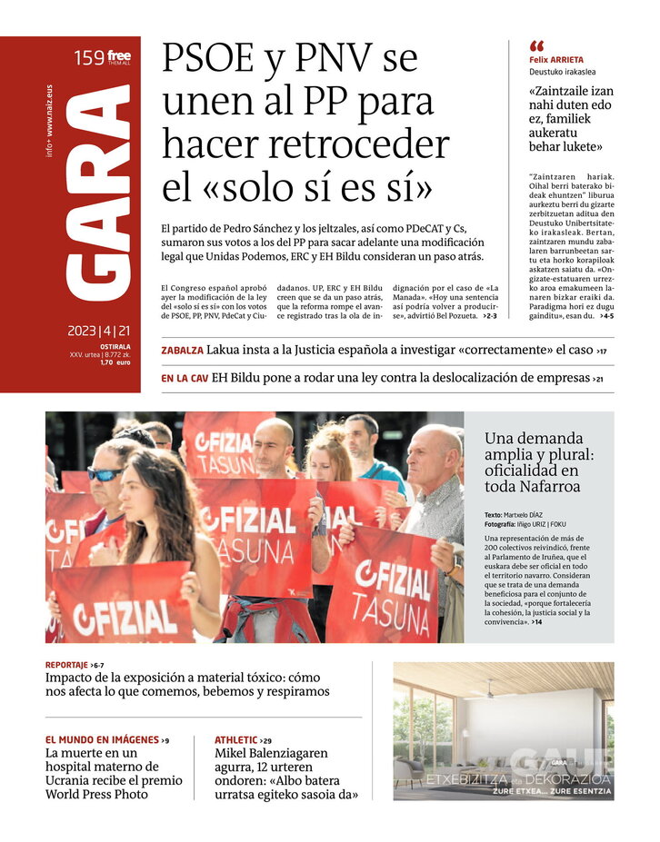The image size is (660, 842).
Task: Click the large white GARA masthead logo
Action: [100, 196]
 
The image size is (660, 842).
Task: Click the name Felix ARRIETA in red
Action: [556, 60]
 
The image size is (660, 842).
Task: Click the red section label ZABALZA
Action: [182, 351]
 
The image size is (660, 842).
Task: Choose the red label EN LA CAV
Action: [185, 379]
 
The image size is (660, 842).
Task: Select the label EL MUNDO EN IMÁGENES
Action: [102, 740]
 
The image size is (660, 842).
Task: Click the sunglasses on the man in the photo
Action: [105, 474]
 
